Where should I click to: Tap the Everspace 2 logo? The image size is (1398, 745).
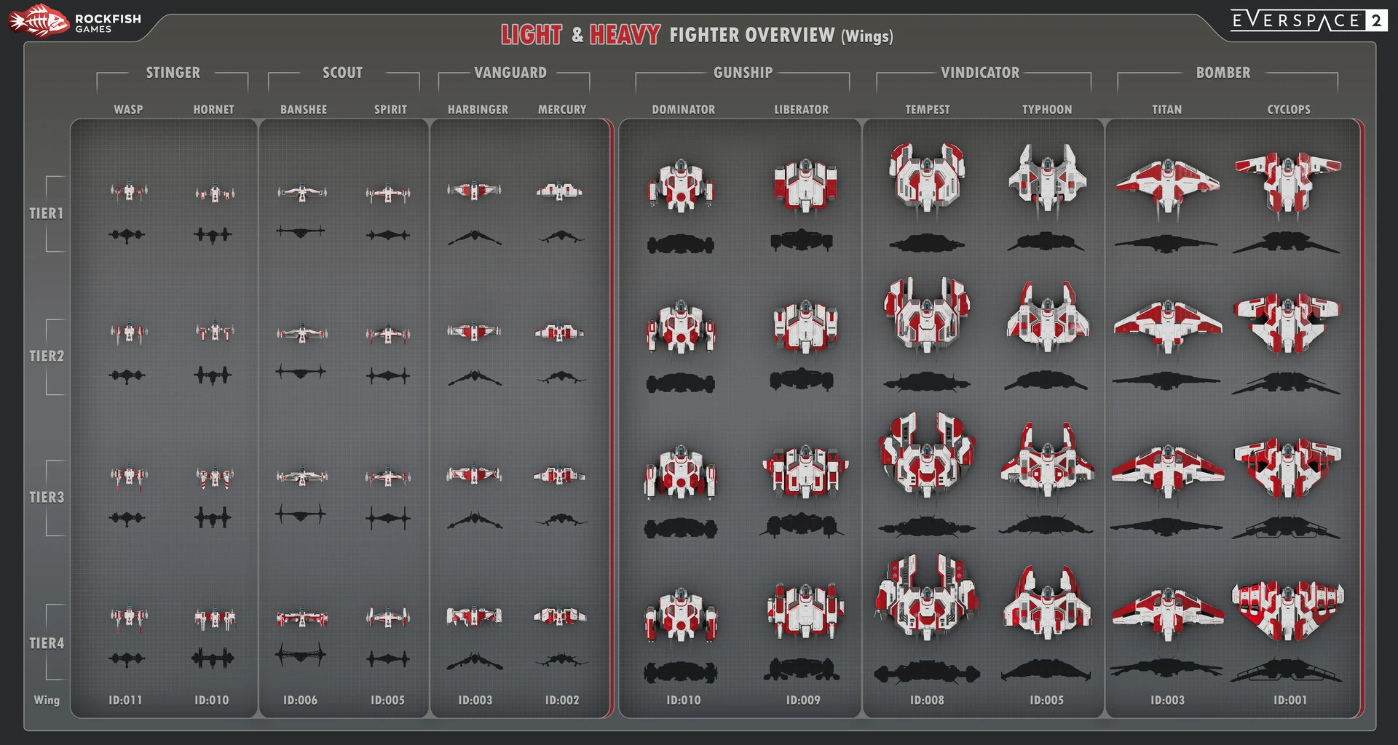click(x=1308, y=20)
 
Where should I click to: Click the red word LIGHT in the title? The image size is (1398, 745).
click(x=531, y=35)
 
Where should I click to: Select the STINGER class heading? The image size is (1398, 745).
click(x=173, y=73)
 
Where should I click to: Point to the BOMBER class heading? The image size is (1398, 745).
click(x=1223, y=73)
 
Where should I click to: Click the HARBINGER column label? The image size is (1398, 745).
click(x=478, y=110)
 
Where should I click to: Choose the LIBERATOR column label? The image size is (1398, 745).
click(x=801, y=110)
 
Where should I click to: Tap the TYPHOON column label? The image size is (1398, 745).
click(x=1046, y=110)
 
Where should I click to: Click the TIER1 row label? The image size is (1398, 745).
click(x=47, y=213)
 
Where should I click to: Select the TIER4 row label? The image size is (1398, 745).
click(x=47, y=643)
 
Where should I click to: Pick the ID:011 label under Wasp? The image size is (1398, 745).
click(x=125, y=700)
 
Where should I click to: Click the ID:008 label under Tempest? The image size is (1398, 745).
click(x=927, y=700)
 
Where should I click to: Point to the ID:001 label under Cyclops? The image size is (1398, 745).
click(x=1290, y=700)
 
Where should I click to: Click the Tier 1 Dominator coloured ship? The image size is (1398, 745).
click(x=681, y=186)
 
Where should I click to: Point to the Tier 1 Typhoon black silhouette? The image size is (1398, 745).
click(x=1046, y=242)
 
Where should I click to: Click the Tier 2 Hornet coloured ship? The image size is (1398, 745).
click(x=214, y=332)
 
